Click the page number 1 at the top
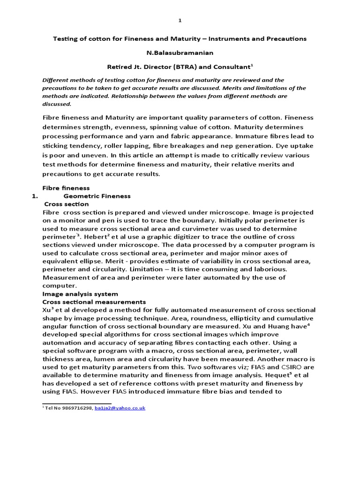click(x=180, y=21)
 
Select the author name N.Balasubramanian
click(x=180, y=52)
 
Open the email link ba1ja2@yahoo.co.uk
click(x=120, y=408)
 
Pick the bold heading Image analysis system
click(x=80, y=294)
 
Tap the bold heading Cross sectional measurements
click(x=94, y=302)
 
